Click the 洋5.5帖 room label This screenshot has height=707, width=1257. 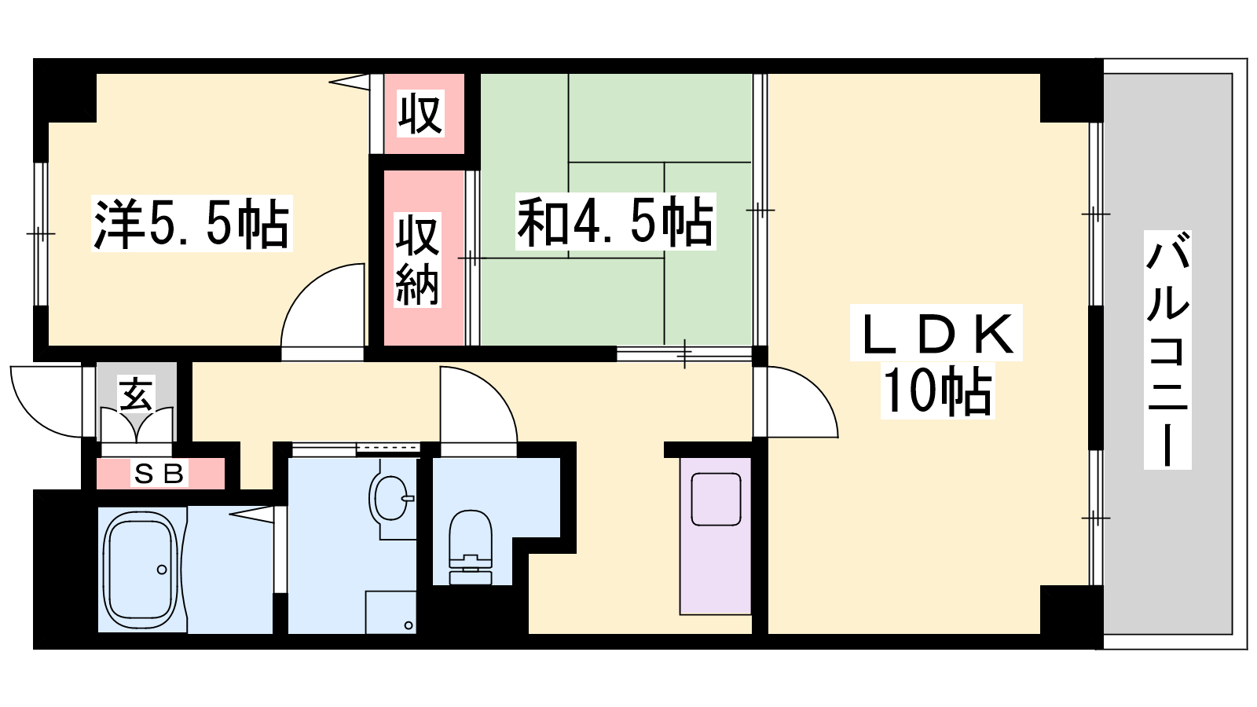(x=192, y=224)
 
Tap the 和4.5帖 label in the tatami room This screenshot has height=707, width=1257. (x=616, y=222)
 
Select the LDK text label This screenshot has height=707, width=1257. (x=936, y=333)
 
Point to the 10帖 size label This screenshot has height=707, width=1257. (x=937, y=390)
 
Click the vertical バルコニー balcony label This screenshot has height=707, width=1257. (x=1167, y=350)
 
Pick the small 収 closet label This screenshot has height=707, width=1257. (x=420, y=113)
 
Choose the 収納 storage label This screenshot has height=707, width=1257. (x=417, y=260)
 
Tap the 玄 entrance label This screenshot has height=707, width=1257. (x=137, y=394)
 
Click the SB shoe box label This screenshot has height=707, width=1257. (x=159, y=474)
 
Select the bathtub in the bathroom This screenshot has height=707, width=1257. (x=141, y=570)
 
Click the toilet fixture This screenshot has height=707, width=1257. (x=471, y=547)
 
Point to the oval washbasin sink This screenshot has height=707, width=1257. (x=389, y=498)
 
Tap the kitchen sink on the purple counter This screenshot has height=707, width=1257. (x=716, y=499)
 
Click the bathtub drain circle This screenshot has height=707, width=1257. (x=162, y=570)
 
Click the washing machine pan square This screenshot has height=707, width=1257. (x=390, y=612)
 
